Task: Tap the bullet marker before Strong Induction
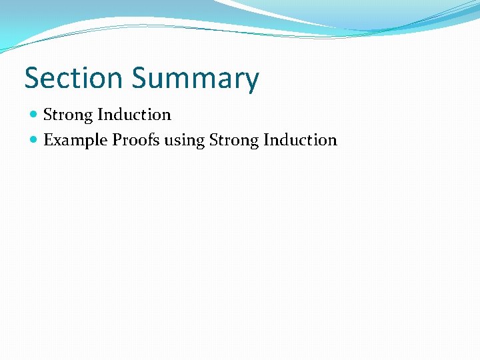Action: click(35, 115)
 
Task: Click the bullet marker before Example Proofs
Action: click(35, 141)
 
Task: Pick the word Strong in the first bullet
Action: click(67, 115)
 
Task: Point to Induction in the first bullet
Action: click(134, 115)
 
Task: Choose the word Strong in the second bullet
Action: click(233, 141)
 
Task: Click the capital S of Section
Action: click(33, 78)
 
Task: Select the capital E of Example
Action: click(48, 140)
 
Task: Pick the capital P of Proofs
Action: click(116, 140)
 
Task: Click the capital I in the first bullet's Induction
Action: click(100, 115)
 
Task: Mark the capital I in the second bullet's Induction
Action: click(266, 140)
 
